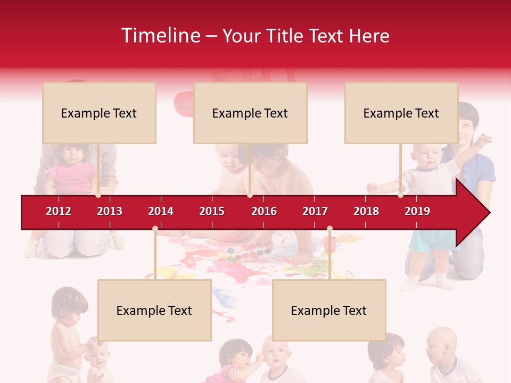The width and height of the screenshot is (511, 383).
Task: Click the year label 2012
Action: tap(59, 211)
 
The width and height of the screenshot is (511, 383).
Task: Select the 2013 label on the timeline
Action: tap(110, 211)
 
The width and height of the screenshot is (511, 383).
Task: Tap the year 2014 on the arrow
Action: tap(161, 211)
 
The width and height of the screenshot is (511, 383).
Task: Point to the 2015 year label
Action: tap(212, 211)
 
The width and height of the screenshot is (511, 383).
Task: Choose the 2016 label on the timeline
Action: tap(264, 211)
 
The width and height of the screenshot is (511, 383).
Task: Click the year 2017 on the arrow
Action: tap(315, 211)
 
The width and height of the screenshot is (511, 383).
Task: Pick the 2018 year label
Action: tap(366, 211)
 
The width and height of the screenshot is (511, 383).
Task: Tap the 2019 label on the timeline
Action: tap(417, 211)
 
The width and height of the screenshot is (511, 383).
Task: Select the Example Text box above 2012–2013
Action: tap(99, 113)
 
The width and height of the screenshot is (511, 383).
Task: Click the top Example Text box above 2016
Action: tap(250, 113)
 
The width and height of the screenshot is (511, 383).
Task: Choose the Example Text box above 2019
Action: tap(401, 113)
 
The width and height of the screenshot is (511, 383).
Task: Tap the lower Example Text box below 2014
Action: tap(154, 310)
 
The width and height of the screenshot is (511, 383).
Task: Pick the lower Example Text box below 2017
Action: tap(329, 310)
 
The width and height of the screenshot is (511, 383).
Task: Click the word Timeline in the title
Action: tap(160, 36)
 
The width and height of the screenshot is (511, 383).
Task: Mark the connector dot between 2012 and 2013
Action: tap(98, 195)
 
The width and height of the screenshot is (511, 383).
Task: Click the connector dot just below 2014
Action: tap(155, 229)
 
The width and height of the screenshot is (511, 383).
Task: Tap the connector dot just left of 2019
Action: tap(400, 195)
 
